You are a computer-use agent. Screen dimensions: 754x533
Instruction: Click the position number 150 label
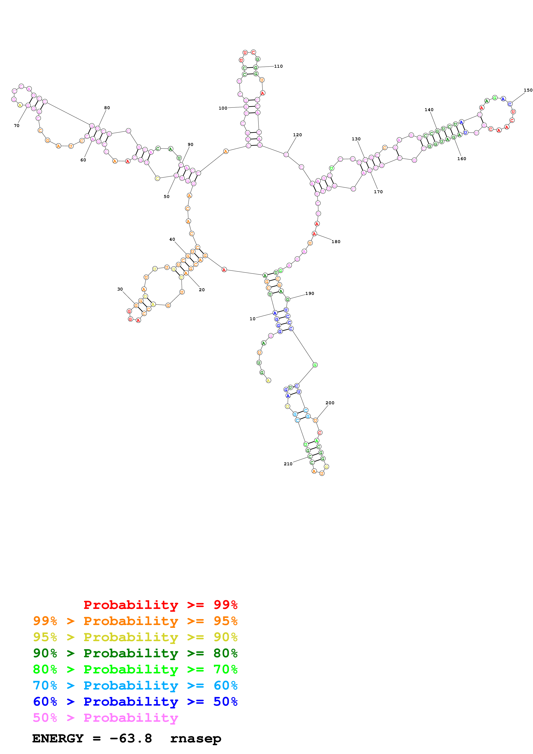point(528,90)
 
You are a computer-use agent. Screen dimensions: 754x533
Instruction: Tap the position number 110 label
point(278,66)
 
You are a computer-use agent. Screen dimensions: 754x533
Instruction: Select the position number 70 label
point(16,126)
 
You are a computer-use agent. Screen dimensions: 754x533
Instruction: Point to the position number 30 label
point(120,289)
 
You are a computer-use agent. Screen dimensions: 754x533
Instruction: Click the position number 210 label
point(288,464)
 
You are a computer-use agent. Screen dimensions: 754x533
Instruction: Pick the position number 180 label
point(336,242)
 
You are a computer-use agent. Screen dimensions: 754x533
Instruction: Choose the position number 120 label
point(297,135)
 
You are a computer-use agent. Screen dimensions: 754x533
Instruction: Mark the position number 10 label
point(252,319)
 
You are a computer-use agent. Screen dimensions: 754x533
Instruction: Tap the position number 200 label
point(330,403)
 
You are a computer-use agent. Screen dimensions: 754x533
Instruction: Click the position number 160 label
point(461,159)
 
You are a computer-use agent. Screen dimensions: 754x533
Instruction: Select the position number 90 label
point(190,144)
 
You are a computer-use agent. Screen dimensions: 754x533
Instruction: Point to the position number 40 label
point(172,239)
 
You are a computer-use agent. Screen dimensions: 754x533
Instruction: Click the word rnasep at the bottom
point(196,739)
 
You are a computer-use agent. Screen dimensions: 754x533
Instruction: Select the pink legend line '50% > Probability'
point(105,718)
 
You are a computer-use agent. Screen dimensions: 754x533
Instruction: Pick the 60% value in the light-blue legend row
point(225,686)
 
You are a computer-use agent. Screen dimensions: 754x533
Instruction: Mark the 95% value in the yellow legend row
point(45,637)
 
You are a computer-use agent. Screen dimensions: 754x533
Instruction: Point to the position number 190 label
point(309,294)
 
